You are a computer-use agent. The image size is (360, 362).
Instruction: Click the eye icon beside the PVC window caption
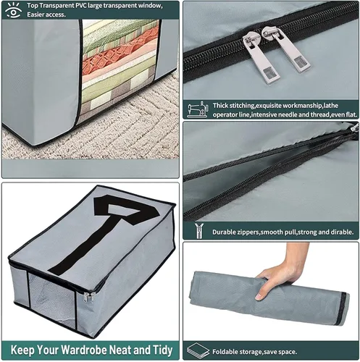click(x=13, y=10)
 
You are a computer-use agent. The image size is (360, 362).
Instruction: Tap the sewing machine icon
click(x=198, y=109)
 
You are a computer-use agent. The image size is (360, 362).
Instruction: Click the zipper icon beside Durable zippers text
click(x=200, y=231)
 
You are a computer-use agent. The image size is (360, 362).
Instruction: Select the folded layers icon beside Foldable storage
click(x=198, y=350)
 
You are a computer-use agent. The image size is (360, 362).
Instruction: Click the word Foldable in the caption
click(x=224, y=352)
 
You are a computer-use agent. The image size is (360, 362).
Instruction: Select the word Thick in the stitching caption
click(x=220, y=106)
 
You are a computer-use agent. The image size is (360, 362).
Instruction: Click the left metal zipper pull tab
click(x=261, y=56)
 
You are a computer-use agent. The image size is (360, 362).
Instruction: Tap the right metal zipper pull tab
click(x=287, y=49)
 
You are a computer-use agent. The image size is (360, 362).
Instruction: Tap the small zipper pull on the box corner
click(x=88, y=297)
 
